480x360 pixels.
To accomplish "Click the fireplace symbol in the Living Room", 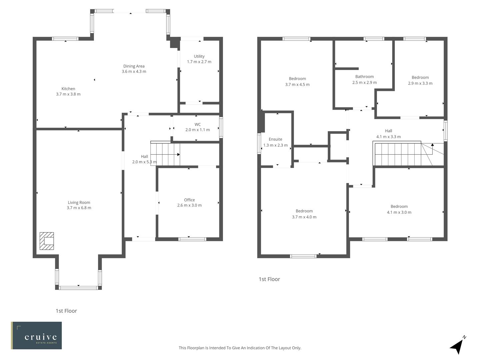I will point(47,241).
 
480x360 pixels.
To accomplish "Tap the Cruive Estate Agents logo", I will point(36,335).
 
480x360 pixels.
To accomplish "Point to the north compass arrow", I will point(457,346).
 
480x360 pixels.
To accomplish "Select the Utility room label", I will point(199,56).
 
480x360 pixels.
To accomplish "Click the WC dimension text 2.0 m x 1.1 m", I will point(197,130).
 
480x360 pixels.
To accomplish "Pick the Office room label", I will point(189,200).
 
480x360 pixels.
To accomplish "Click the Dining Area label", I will point(134,66).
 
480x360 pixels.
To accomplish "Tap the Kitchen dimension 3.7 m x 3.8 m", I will point(68,94).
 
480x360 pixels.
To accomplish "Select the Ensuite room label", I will point(275,139).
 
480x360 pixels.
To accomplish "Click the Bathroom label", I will point(364,77).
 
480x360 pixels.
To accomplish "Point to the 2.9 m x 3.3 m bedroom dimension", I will point(420,83).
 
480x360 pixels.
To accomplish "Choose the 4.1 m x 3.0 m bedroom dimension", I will point(399,212).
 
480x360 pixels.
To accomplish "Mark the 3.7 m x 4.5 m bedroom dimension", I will point(297,85).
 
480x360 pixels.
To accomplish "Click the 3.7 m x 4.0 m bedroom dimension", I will point(304,217).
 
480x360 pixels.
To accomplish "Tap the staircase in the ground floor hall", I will point(165,154).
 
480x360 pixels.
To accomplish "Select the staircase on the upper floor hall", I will point(398,154).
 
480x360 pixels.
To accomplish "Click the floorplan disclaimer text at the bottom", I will point(240,348).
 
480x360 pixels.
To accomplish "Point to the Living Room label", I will point(79,202).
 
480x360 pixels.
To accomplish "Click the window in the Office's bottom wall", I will point(192,239).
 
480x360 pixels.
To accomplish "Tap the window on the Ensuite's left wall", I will point(259,144).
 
